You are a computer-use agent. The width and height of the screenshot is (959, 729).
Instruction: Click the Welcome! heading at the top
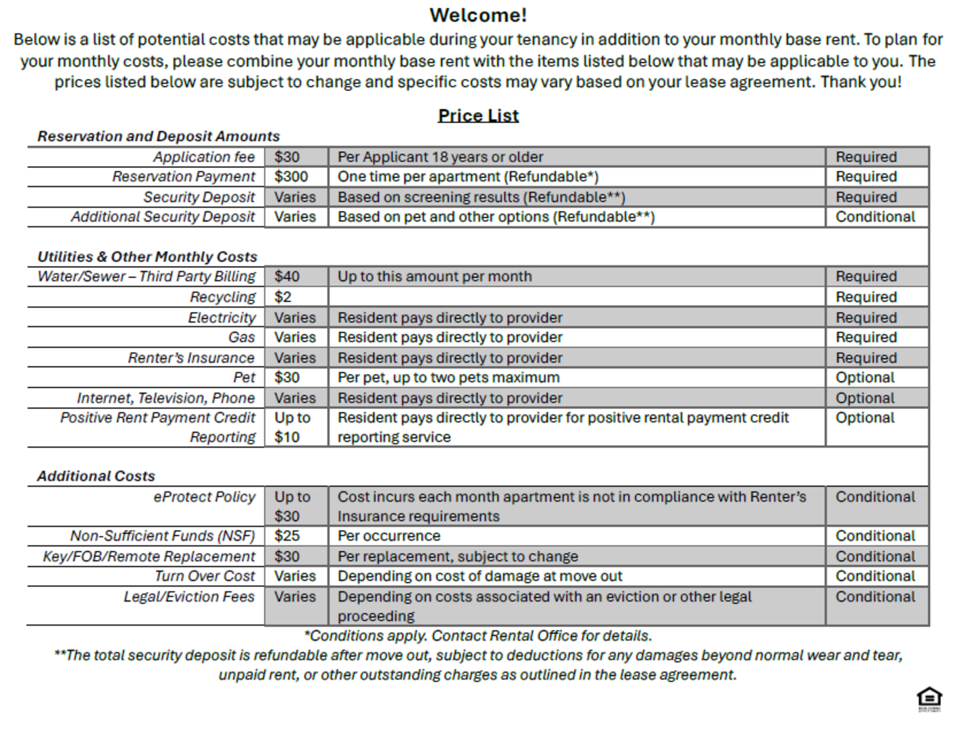click(478, 15)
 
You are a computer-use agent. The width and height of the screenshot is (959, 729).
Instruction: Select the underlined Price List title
click(478, 115)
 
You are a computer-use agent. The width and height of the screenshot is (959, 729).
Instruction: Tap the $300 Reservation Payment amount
click(291, 177)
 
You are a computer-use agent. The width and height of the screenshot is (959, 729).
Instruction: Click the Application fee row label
click(204, 157)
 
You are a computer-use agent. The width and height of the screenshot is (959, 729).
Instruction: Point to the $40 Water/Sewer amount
click(287, 277)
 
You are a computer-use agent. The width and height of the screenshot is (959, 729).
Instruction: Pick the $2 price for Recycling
click(283, 297)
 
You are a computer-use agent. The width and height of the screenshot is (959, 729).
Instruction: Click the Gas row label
click(242, 337)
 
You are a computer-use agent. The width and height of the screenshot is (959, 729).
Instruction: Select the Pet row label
click(244, 378)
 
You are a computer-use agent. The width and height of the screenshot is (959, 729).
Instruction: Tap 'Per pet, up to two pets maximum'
click(448, 378)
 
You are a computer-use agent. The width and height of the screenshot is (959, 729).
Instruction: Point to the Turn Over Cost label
click(205, 576)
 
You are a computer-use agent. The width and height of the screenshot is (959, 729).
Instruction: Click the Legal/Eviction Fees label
click(189, 597)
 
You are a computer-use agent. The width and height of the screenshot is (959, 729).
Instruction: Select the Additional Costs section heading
click(96, 477)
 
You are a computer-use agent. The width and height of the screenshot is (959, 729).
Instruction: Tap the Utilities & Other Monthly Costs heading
click(147, 257)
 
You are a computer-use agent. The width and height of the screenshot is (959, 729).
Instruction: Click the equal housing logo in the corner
click(929, 698)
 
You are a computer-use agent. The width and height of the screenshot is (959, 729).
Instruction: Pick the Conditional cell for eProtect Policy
click(875, 497)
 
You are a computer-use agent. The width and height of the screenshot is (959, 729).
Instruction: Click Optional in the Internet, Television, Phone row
click(865, 398)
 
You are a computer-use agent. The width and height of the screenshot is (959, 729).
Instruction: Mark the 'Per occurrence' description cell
click(389, 536)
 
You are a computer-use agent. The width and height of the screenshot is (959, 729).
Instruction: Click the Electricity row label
click(222, 318)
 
